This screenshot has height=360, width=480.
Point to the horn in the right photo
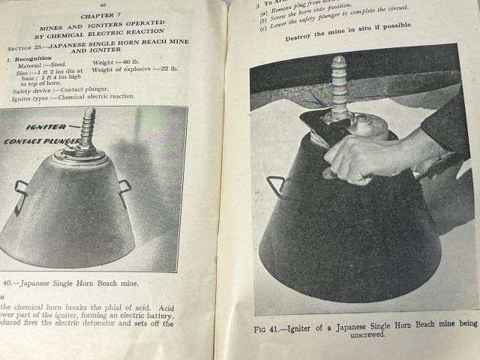click(x=339, y=82)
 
